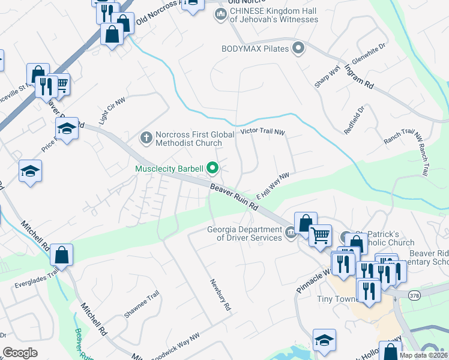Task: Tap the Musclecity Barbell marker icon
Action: [212, 169]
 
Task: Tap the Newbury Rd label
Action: [220, 295]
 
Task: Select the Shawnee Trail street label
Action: [141, 304]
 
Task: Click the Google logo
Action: [20, 353]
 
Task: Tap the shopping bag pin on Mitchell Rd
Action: [61, 256]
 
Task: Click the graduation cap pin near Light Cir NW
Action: [67, 128]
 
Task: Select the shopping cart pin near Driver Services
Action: [321, 235]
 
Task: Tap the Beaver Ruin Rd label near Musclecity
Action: [234, 197]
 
